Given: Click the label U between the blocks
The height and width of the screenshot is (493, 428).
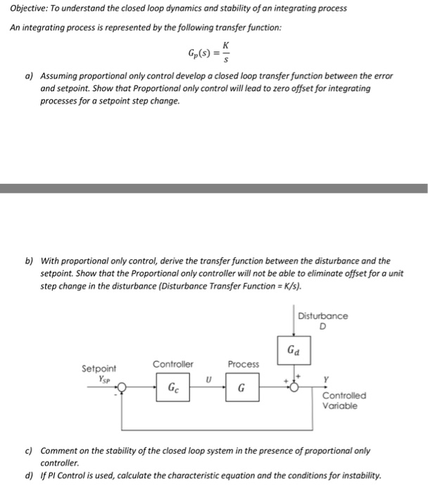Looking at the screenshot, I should tap(208, 378).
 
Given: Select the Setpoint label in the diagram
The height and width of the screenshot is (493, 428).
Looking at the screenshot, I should tap(99, 368).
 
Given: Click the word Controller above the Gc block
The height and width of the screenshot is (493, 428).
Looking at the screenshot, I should tap(172, 364).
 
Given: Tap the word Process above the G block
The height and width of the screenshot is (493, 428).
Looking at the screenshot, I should tap(243, 364).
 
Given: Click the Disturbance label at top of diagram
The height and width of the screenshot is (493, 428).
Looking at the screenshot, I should tap(322, 316).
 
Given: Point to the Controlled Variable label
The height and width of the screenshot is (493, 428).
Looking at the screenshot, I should tap(344, 401).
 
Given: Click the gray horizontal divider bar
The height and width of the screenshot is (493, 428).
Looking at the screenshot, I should tap(214, 188).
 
